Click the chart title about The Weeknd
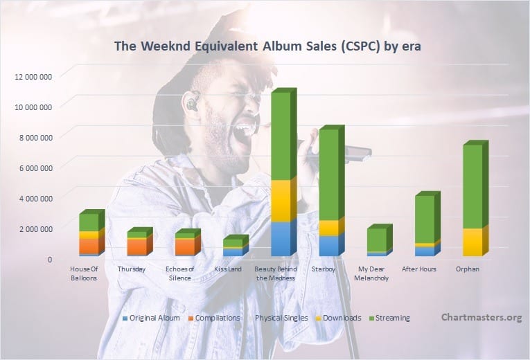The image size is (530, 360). [x=267, y=46]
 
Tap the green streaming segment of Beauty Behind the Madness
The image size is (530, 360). [x=281, y=136]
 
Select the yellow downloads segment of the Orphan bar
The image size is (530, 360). [x=472, y=242]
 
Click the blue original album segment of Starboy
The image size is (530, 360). [x=329, y=246]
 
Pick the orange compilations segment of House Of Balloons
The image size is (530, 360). [x=89, y=246]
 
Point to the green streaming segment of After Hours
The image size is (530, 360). [x=425, y=219]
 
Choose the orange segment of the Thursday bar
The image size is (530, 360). [x=137, y=247]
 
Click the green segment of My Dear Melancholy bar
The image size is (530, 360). [x=377, y=240]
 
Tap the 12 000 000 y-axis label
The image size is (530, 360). [x=33, y=77]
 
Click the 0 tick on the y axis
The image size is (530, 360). [x=50, y=260]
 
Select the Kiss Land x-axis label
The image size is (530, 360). [x=228, y=269]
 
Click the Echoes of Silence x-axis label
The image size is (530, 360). [x=180, y=273]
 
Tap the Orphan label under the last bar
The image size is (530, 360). [x=468, y=269]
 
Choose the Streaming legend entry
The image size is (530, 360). [x=389, y=318]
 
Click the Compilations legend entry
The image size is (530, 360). [x=214, y=318]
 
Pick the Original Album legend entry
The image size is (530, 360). [x=151, y=318]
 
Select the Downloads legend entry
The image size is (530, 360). [x=339, y=318]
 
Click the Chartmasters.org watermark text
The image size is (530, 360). [x=482, y=318]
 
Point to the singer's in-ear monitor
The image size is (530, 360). [x=191, y=102]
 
